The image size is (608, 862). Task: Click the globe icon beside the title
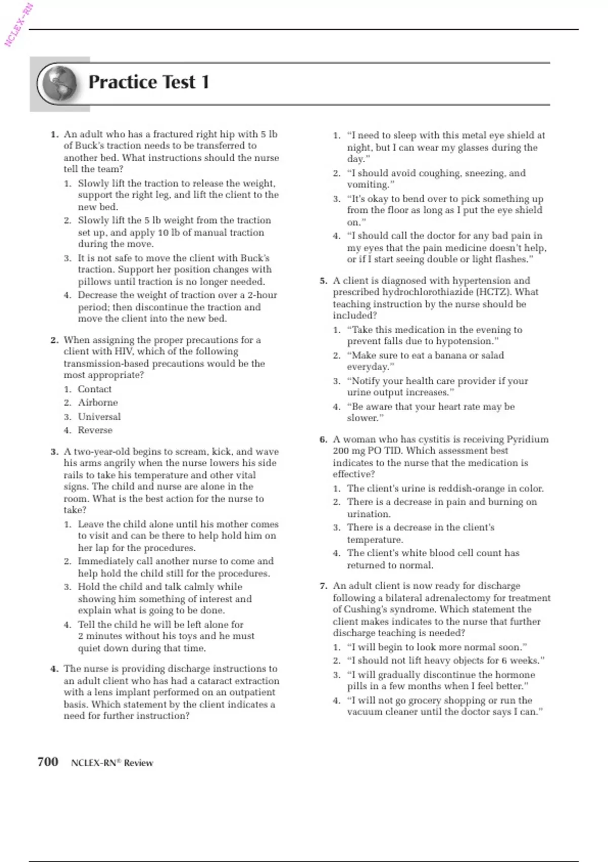tap(59, 84)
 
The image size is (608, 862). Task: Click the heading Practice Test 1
tap(148, 82)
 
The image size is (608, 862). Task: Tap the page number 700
tap(48, 762)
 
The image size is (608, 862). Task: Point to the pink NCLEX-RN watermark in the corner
tap(18, 24)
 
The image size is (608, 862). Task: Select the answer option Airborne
tap(98, 403)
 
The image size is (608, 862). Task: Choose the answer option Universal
tap(99, 417)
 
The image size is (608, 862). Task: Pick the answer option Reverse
tap(95, 430)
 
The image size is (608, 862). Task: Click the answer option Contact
tap(95, 389)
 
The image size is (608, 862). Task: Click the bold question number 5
tap(324, 281)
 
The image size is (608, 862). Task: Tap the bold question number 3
tap(55, 452)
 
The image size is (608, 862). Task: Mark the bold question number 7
tap(324, 586)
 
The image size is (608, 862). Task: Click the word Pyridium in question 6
tap(527, 440)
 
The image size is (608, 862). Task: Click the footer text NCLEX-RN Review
tap(112, 763)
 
